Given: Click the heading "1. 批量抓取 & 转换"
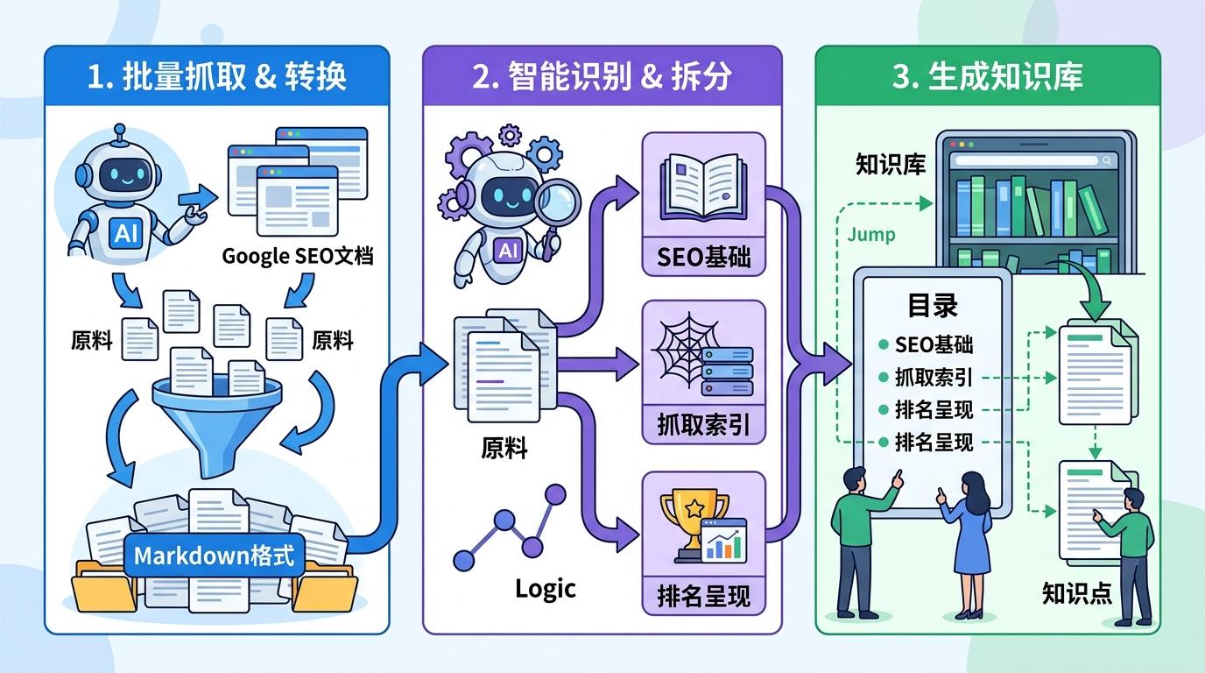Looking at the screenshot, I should (217, 77).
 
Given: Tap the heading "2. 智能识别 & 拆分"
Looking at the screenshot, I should (602, 77).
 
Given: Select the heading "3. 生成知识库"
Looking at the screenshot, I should (987, 77).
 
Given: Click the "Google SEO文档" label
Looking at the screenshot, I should (298, 256).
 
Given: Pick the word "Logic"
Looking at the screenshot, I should (545, 588).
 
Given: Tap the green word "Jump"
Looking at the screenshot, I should (871, 235).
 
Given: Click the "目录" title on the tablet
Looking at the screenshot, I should (932, 306).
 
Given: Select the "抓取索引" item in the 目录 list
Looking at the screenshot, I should (934, 378).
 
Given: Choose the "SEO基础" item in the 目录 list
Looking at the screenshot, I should (934, 344).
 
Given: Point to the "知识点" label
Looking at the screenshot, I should (1076, 593).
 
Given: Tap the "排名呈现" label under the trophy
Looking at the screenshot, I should (703, 596).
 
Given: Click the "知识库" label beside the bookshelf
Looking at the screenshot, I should (890, 165).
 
